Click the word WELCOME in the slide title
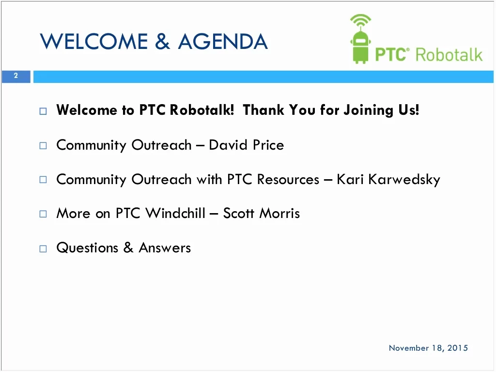pos(94,42)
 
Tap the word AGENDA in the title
pos(223,42)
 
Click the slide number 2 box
pos(16,76)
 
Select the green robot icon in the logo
pos(360,39)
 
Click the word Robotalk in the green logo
pos(449,55)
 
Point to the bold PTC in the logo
pos(390,54)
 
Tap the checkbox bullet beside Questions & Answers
pos(43,249)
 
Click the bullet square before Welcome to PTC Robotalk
pos(43,111)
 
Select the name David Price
pos(247,145)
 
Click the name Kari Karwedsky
pos(388,179)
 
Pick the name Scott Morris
pos(262,213)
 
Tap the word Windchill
pos(175,213)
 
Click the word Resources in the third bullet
pos(288,179)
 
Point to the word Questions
pos(87,248)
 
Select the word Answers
pos(165,248)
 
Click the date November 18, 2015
pos(428,348)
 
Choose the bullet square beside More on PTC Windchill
pos(43,214)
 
